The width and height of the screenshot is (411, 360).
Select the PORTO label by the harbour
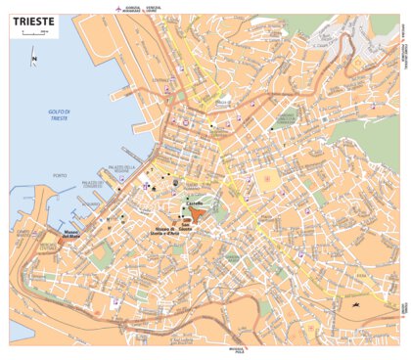pos(61,175)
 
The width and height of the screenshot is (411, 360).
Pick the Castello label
pos(207,202)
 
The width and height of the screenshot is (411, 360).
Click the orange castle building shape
pos(197,214)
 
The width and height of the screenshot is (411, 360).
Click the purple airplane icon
pos(119,8)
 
